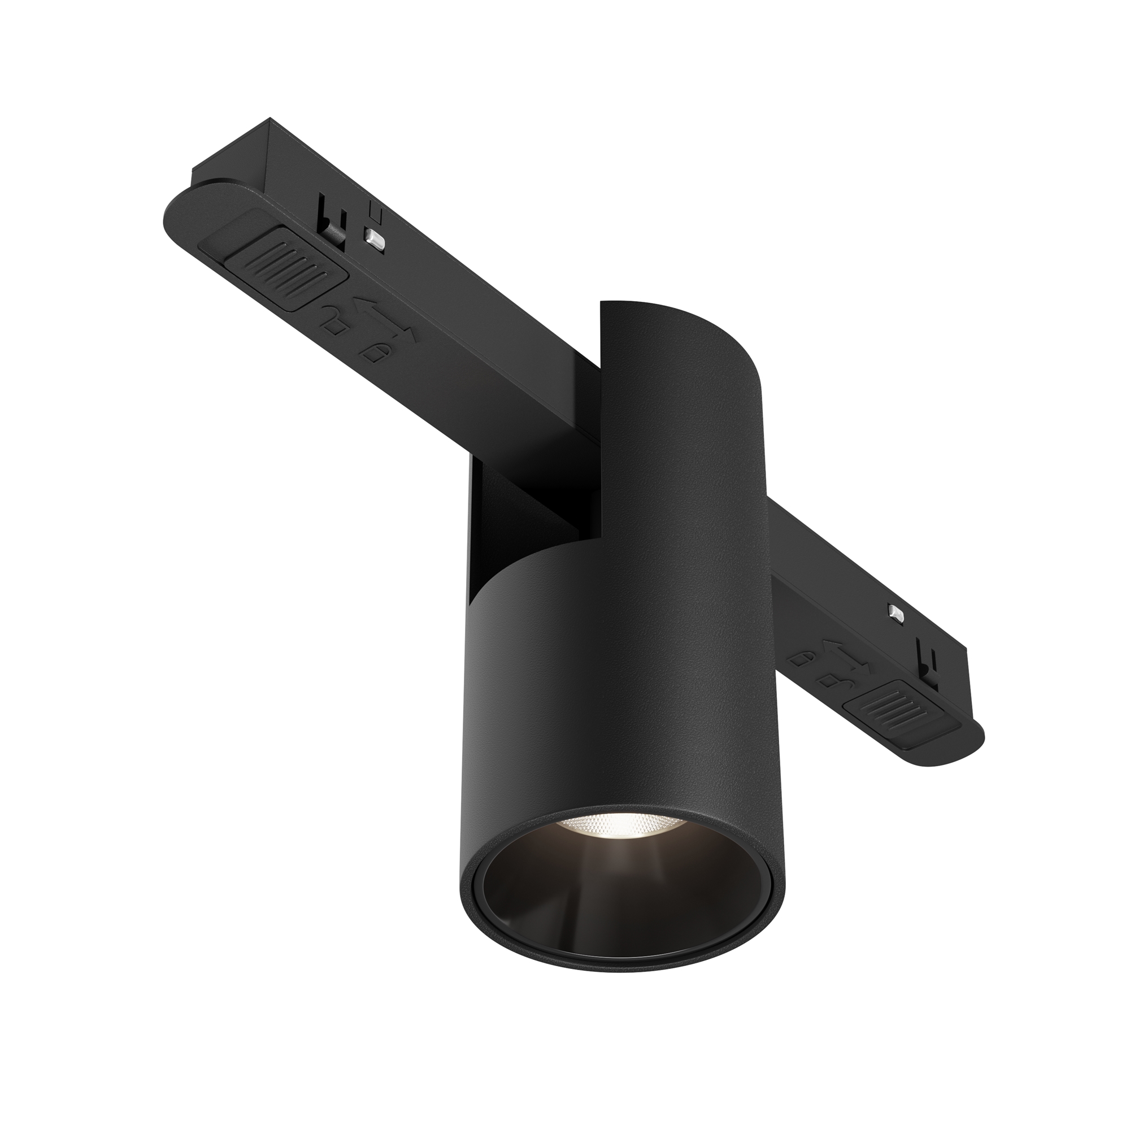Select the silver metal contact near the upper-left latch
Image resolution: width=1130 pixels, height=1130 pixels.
pos(375,238)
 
